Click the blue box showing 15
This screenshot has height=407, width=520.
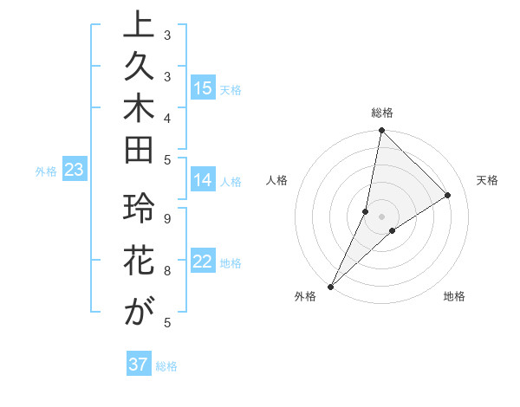tap(203, 88)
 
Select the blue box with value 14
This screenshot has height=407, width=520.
tap(203, 181)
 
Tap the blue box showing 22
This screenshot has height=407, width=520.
tap(203, 262)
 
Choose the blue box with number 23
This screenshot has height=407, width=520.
tap(74, 171)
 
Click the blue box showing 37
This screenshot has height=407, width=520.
tap(139, 365)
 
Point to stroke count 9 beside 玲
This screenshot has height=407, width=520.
tap(166, 218)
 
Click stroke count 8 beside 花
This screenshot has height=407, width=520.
tap(166, 271)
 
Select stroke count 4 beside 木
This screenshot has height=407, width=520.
tap(166, 117)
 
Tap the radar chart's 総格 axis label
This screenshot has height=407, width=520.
tap(381, 113)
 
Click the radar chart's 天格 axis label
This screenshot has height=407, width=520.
tap(487, 180)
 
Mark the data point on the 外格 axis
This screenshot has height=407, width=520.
tap(331, 286)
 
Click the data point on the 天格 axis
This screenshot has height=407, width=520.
tap(448, 195)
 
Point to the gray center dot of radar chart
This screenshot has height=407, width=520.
tap(381, 216)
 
